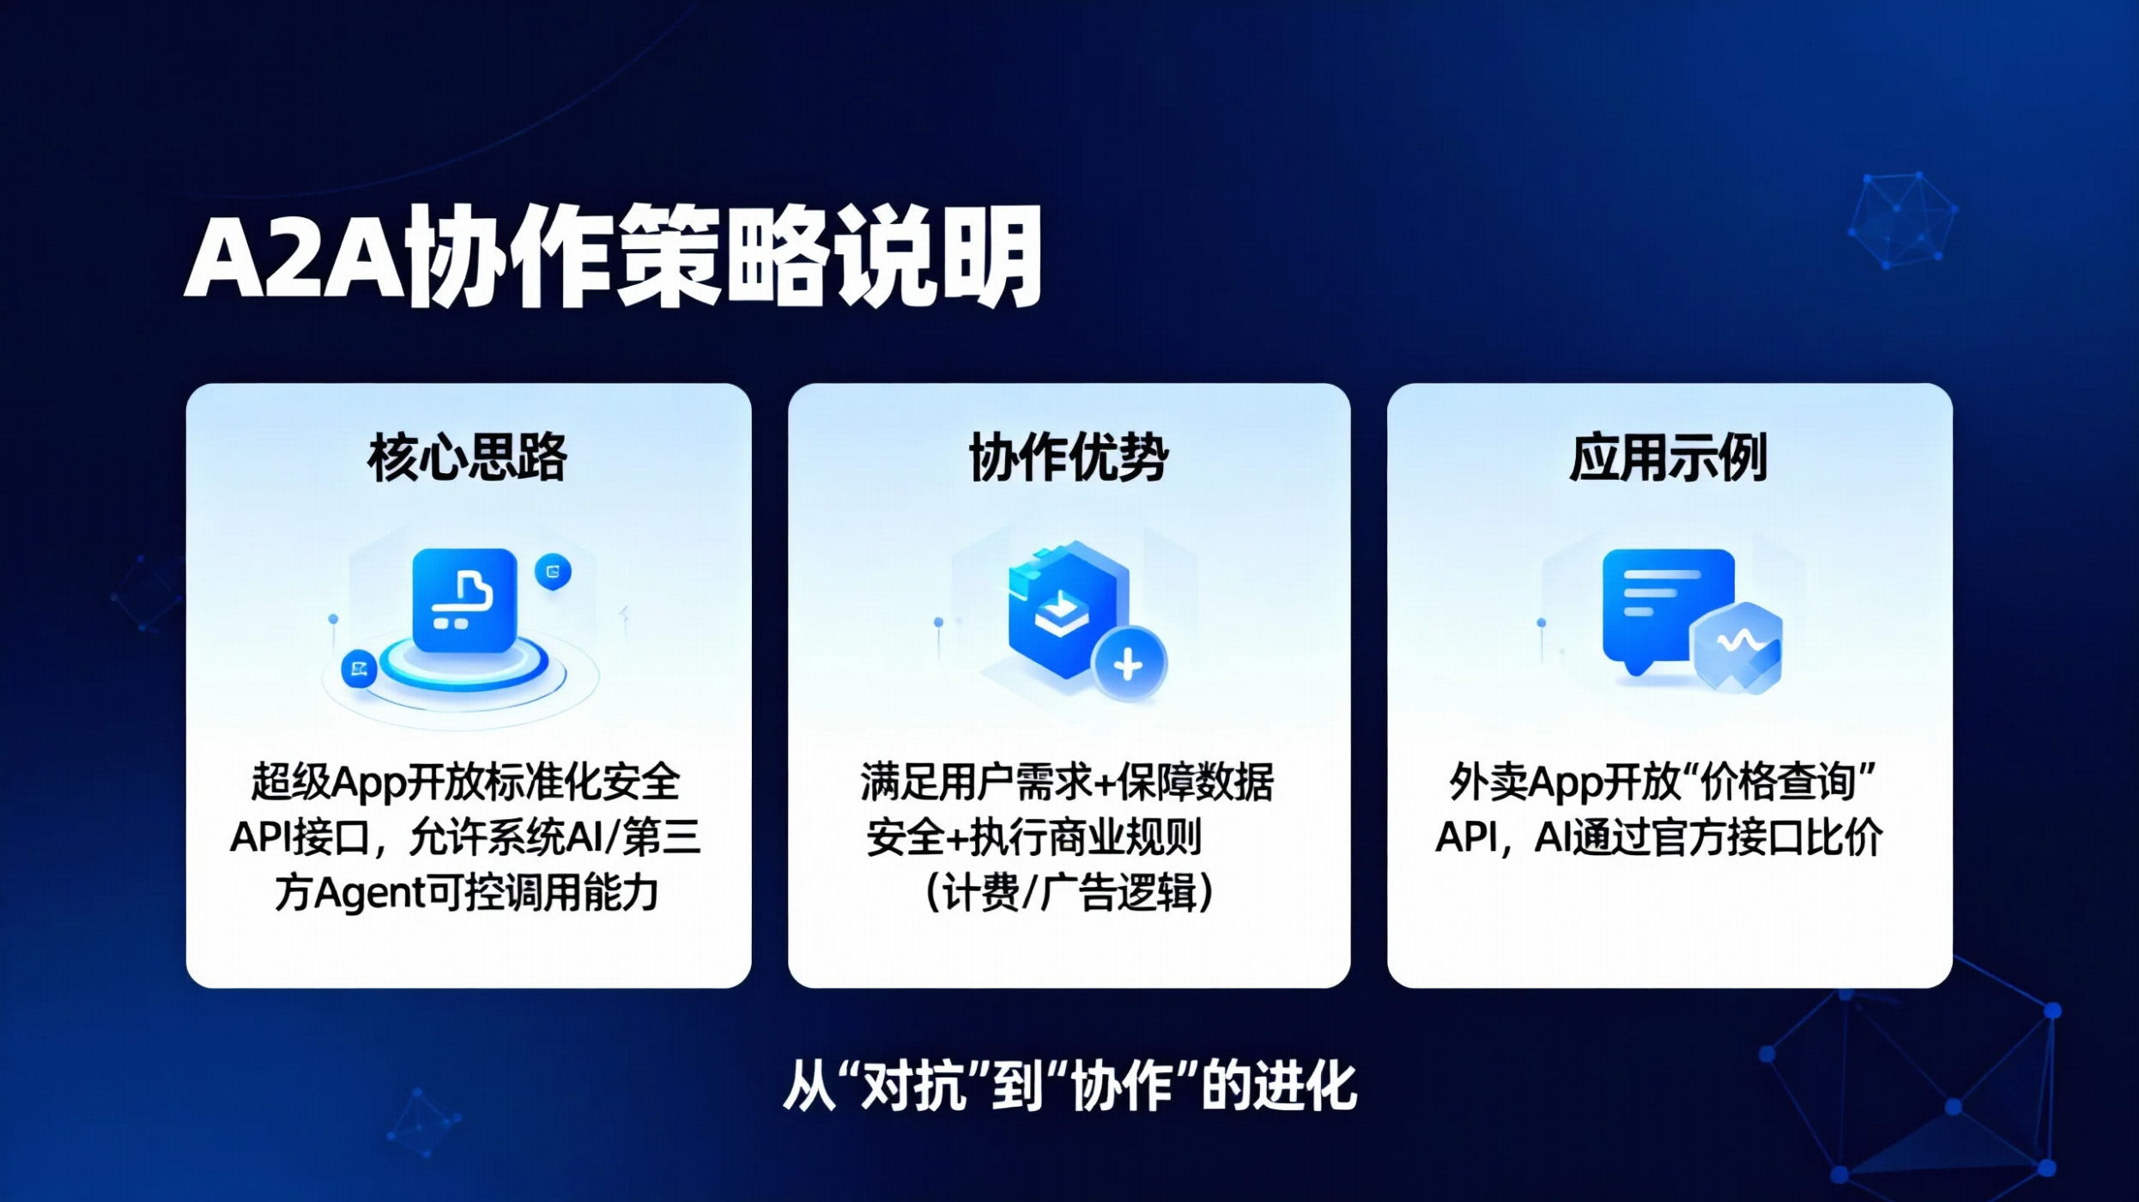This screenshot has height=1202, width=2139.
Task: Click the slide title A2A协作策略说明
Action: pos(613,256)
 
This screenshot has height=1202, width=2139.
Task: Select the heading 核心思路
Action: pos(468,458)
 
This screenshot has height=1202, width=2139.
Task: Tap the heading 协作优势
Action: pos(1069,458)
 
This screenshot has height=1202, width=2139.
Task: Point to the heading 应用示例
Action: pos(1669,458)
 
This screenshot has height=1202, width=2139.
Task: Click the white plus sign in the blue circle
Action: pos(1128,664)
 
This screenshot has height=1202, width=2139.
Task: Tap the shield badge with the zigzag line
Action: pos(1736,647)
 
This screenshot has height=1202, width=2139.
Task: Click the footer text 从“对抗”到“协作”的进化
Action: pos(1069,1086)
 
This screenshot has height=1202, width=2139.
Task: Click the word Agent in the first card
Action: pos(371,893)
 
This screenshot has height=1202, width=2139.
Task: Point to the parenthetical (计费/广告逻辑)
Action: pos(1069,893)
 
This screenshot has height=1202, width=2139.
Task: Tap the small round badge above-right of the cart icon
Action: pos(553,571)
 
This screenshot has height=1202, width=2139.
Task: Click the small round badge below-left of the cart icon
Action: pos(359,669)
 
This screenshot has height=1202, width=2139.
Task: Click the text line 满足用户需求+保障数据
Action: pos(1067,782)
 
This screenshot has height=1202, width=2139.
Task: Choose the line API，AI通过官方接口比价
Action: pos(1659,837)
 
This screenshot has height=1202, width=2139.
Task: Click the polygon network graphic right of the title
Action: pos(1903,220)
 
